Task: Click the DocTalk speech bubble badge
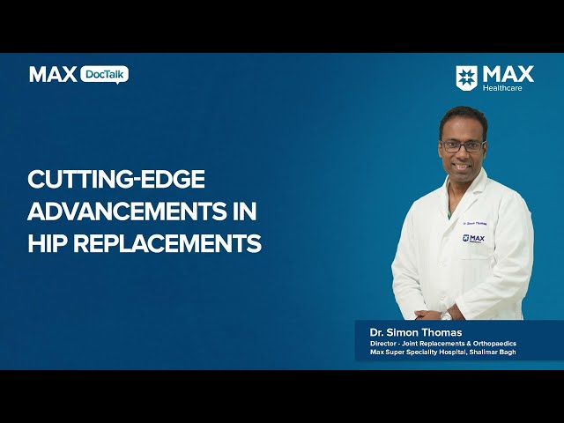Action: click(x=104, y=75)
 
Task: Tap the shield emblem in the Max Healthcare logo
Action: click(x=466, y=78)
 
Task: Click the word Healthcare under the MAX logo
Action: click(x=502, y=88)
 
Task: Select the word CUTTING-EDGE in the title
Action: click(x=116, y=179)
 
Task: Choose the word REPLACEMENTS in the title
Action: click(x=167, y=243)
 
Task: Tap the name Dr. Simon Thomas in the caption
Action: click(x=416, y=332)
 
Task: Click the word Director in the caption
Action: click(x=382, y=344)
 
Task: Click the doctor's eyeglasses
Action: click(x=463, y=145)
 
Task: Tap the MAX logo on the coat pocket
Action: click(x=473, y=239)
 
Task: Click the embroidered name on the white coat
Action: click(x=474, y=223)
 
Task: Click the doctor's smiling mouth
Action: click(x=462, y=167)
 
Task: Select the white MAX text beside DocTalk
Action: click(x=53, y=74)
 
